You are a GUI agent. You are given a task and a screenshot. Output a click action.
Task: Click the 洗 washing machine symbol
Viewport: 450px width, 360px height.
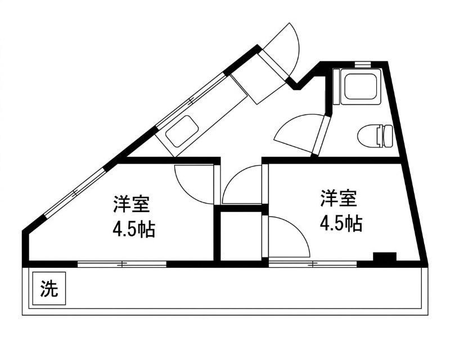pos(49,289)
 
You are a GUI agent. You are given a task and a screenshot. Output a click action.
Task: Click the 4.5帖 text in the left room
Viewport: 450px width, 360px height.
pos(134,229)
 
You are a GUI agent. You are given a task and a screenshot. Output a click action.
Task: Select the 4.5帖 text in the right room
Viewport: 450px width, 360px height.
pos(340,223)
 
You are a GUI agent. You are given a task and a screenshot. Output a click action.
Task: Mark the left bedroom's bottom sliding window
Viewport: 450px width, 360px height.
pos(122,263)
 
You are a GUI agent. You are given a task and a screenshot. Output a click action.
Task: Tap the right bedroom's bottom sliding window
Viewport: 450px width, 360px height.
pos(312,263)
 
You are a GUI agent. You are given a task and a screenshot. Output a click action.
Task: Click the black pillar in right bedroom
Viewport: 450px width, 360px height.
pos(385,258)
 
